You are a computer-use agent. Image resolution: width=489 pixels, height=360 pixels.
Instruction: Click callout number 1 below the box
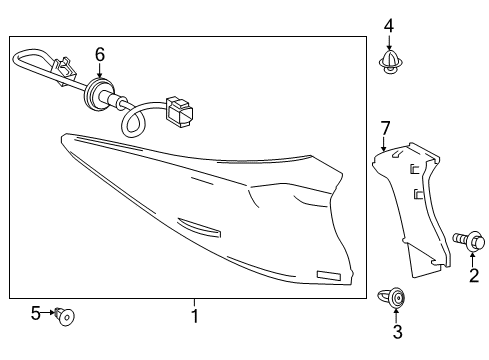[x=195, y=316]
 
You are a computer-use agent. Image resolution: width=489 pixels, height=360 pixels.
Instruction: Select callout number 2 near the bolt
[x=474, y=275]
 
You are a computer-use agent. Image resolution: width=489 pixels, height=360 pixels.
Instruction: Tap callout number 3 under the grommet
[x=397, y=331]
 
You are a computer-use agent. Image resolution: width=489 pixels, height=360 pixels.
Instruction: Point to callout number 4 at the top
[x=389, y=26]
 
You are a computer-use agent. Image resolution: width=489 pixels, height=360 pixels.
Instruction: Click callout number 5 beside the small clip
[x=36, y=313]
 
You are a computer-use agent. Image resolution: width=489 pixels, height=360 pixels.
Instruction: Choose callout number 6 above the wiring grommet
[x=100, y=54]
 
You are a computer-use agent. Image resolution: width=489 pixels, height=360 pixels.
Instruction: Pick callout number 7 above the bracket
[x=385, y=129]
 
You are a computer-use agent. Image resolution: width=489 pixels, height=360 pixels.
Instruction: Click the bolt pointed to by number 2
[x=468, y=241]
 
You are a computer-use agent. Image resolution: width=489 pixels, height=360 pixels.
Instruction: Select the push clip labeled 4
[x=389, y=62]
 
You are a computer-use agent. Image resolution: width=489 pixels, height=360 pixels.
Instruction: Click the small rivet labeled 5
[x=65, y=316]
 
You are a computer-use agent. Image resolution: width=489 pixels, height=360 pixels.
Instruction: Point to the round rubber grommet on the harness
[x=97, y=94]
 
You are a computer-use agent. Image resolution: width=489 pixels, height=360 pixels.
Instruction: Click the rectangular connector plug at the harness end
[x=179, y=112]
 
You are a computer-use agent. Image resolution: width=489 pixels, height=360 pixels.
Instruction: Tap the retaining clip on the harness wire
[x=64, y=71]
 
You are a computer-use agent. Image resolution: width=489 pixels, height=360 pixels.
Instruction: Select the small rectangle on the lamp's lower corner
[x=329, y=275]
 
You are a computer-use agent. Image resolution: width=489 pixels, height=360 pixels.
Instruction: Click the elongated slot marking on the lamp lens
[x=199, y=228]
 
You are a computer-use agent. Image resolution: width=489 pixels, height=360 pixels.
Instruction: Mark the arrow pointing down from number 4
[x=389, y=42]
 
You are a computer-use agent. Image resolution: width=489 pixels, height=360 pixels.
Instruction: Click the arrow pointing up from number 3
[x=396, y=316]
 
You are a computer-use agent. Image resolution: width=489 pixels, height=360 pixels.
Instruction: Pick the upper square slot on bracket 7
[x=414, y=169]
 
